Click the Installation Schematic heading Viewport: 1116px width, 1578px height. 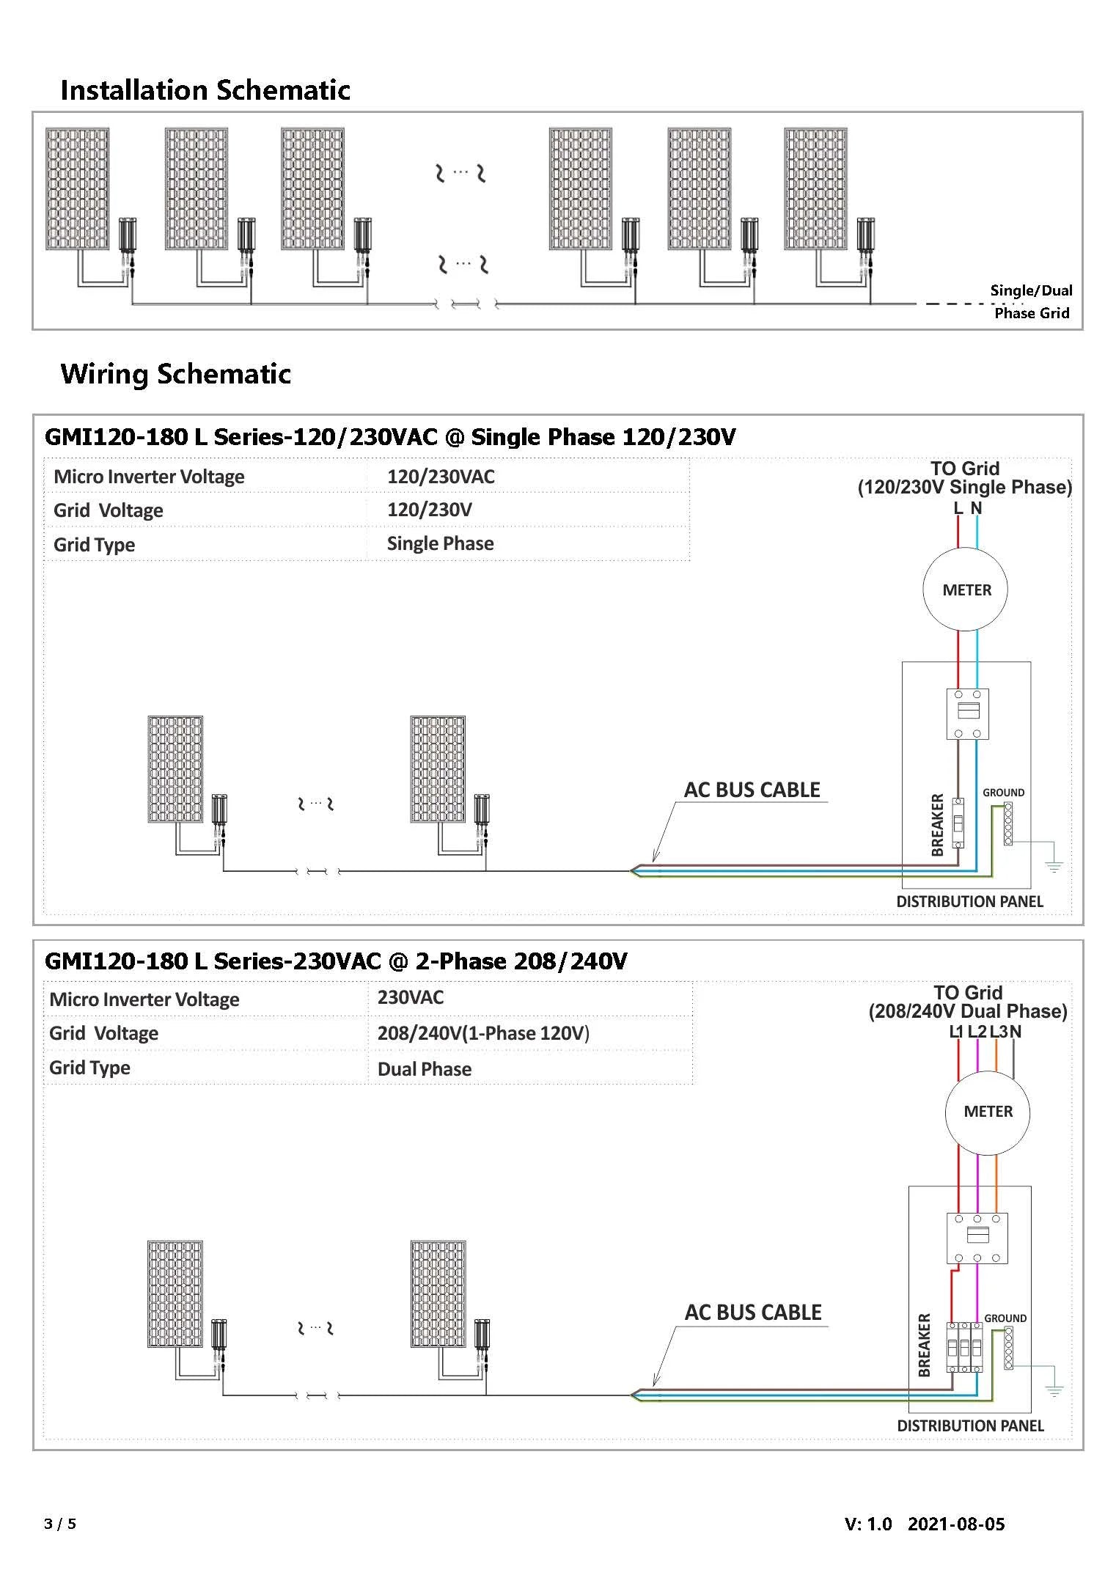205,90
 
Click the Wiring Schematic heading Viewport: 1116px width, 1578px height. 176,374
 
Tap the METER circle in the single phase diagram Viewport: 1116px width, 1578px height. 966,590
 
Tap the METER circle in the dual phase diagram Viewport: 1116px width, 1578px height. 988,1112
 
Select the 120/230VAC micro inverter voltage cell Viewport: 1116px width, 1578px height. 441,477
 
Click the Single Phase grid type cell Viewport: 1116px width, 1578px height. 440,543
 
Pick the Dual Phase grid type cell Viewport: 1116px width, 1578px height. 424,1069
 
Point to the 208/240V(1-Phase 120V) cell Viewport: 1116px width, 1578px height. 483,1033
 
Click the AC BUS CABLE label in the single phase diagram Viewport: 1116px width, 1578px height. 752,790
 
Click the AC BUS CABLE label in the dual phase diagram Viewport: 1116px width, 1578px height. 753,1313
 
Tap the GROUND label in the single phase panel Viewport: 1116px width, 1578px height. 1003,793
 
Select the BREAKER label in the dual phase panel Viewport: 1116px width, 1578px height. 924,1345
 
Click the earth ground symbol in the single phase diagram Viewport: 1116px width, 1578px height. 1054,867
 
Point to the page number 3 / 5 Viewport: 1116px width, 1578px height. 60,1524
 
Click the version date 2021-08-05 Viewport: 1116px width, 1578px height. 956,1524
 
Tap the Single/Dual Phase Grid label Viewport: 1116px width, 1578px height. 1031,301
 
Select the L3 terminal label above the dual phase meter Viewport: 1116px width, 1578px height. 998,1032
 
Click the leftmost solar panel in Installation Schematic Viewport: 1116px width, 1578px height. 77,189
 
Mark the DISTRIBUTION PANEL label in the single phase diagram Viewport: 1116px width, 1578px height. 969,901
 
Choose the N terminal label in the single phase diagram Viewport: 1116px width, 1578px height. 976,508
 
